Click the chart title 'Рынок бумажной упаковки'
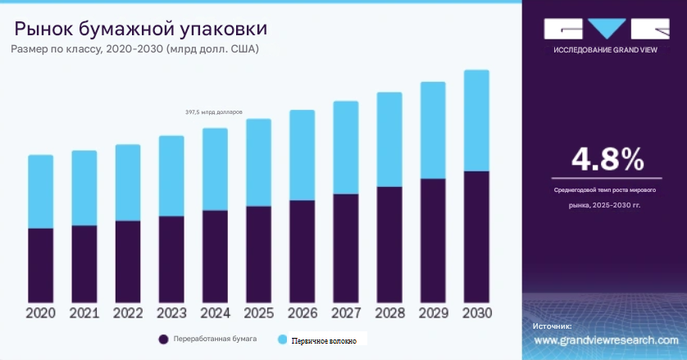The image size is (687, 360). pos(140,30)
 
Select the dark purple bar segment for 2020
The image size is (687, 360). pos(40,264)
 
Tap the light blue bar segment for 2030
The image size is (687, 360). pos(476,120)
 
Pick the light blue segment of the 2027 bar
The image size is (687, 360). pos(345,148)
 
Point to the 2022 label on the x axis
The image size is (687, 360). pos(128,313)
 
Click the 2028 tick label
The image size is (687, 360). pos(389,313)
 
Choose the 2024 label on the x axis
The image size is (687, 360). pos(215,313)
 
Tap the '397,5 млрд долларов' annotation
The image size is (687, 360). pos(214,112)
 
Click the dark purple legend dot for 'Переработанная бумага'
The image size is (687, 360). pos(164,339)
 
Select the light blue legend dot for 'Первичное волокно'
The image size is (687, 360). pos(282,339)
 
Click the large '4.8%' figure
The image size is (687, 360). pos(607,159)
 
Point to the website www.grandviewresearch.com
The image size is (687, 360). pos(606,340)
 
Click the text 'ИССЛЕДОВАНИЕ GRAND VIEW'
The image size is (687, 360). pos(606,49)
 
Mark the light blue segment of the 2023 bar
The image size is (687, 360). pos(171,175)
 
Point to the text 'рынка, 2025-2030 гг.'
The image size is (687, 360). pos(605,205)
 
